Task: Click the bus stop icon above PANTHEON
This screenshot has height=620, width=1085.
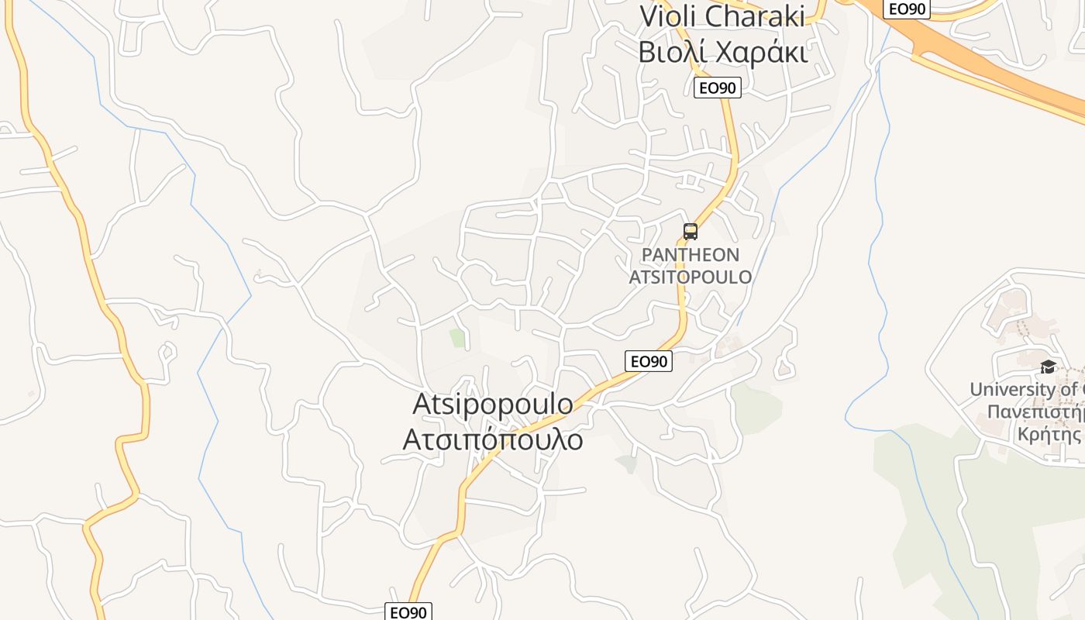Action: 690,231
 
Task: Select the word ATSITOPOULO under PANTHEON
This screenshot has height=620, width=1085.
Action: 690,277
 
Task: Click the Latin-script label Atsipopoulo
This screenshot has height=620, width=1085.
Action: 493,404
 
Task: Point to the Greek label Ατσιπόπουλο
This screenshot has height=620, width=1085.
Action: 493,439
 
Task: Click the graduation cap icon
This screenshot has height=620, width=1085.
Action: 1048,367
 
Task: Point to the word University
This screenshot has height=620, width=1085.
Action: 1012,389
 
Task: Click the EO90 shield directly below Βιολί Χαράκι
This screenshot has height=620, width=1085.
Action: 717,88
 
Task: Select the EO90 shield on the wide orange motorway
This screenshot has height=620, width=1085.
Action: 908,9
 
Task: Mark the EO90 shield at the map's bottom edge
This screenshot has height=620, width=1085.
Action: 408,612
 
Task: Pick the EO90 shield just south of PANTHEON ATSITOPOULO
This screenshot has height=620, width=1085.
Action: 649,360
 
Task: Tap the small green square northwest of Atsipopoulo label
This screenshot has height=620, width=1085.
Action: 457,338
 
